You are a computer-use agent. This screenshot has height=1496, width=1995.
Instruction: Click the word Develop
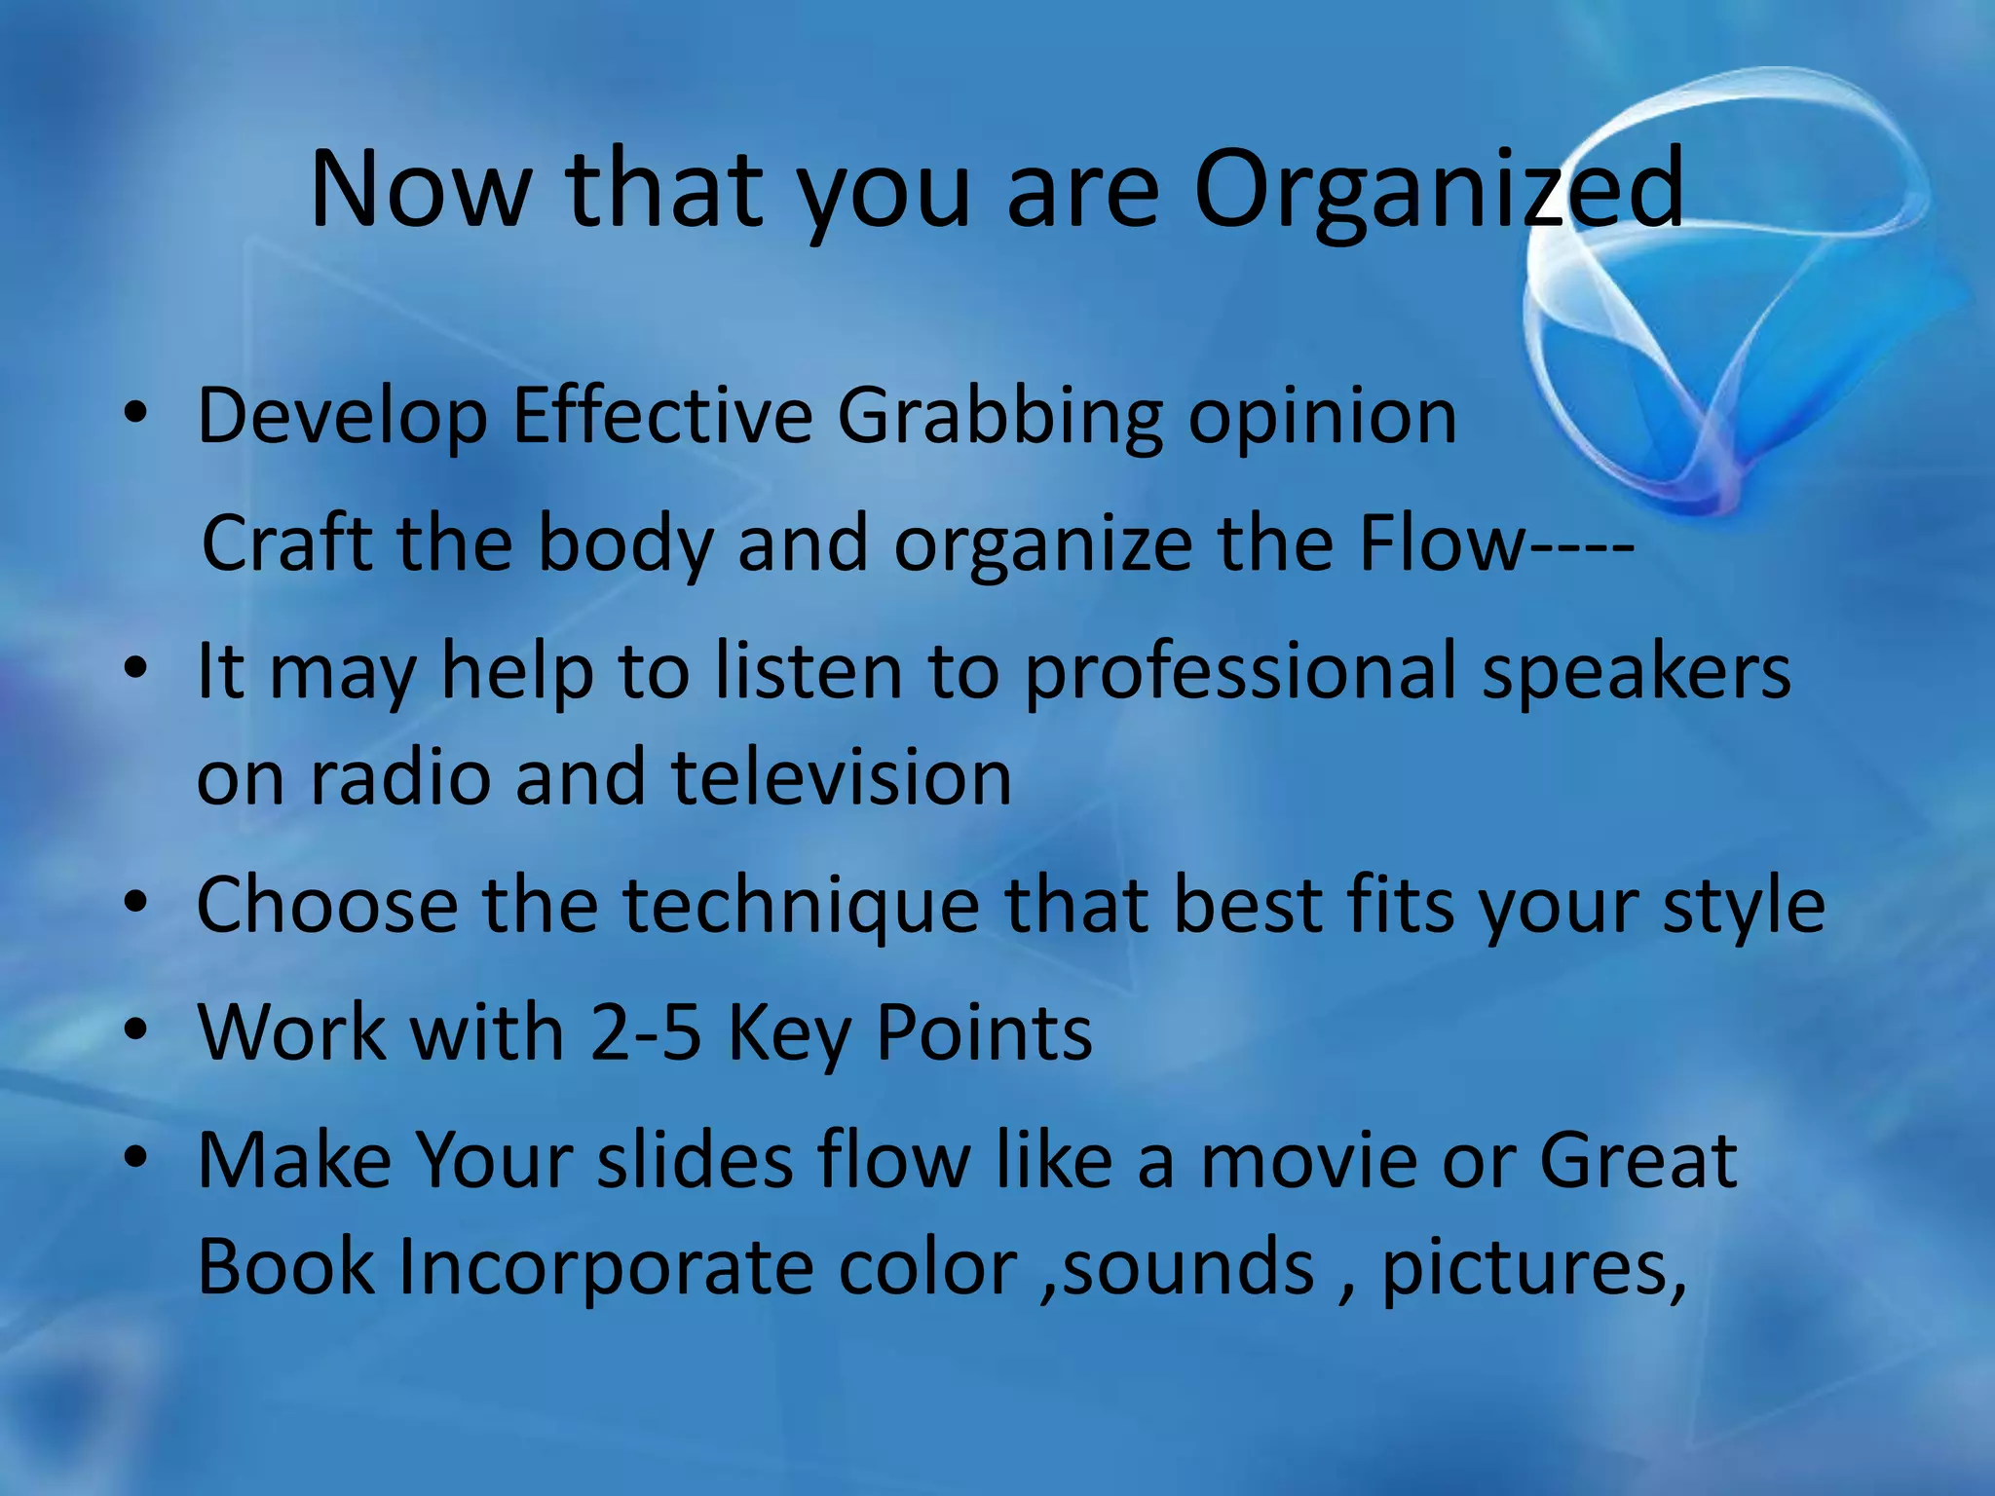point(341,417)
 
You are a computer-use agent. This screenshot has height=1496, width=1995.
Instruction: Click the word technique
point(801,906)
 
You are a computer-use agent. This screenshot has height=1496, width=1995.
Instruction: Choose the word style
point(1743,906)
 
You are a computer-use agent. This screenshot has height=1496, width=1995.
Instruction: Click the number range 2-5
point(646,1032)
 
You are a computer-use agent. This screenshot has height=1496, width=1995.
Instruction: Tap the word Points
point(984,1032)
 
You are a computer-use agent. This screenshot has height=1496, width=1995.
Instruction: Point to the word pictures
point(1533,1270)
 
